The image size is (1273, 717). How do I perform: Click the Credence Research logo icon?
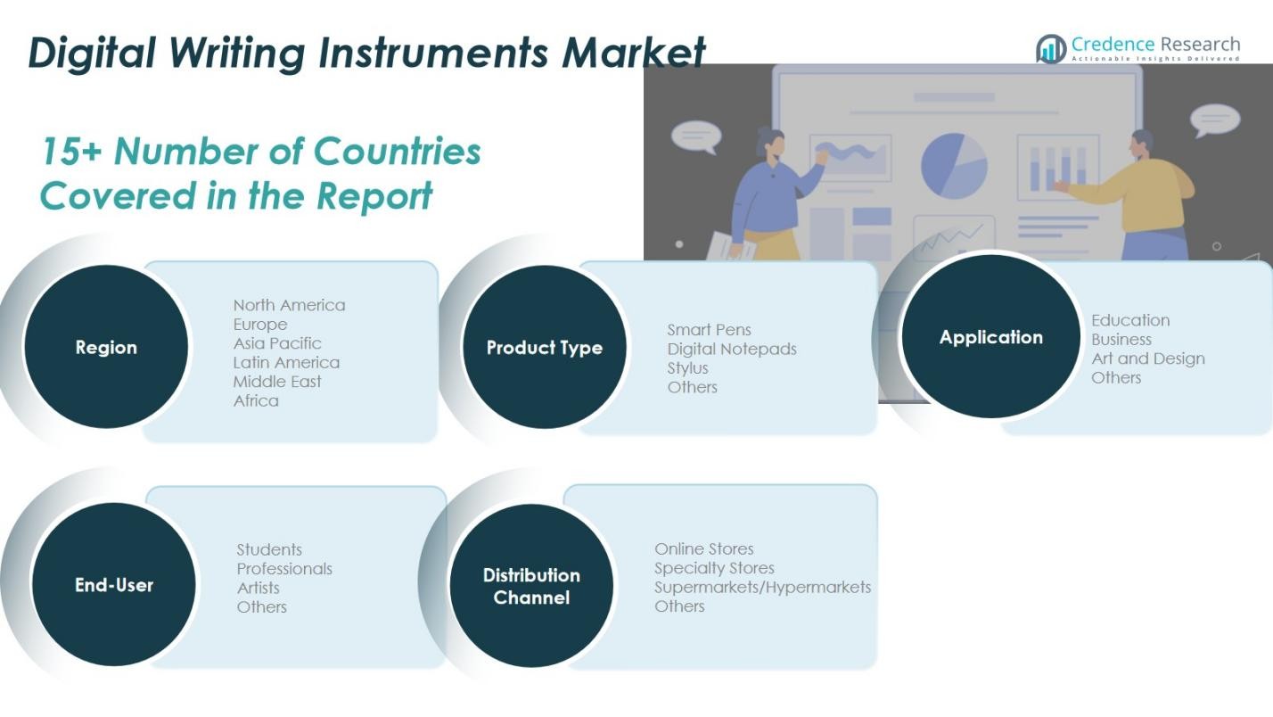tap(1051, 49)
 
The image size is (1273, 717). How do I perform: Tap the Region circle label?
tap(106, 348)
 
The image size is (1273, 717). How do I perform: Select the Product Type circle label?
tap(545, 348)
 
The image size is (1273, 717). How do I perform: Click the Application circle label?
tap(991, 337)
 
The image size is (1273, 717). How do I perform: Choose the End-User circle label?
tap(114, 585)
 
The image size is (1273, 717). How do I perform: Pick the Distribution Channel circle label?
tap(531, 586)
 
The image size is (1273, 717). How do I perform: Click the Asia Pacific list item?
tap(276, 343)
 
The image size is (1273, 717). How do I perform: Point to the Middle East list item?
tap(276, 382)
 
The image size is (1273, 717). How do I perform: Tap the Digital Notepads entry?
tap(731, 349)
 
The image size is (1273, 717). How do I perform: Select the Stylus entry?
tap(687, 368)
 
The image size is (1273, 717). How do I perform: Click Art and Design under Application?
tap(1147, 358)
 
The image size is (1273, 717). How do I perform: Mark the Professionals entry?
tap(284, 569)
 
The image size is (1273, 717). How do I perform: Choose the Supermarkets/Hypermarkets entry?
tap(762, 588)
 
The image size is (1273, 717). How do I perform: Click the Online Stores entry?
tap(703, 548)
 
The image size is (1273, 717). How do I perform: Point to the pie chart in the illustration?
tap(954, 166)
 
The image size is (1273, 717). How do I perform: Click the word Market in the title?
tap(633, 53)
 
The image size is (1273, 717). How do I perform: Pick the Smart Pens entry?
tap(709, 330)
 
